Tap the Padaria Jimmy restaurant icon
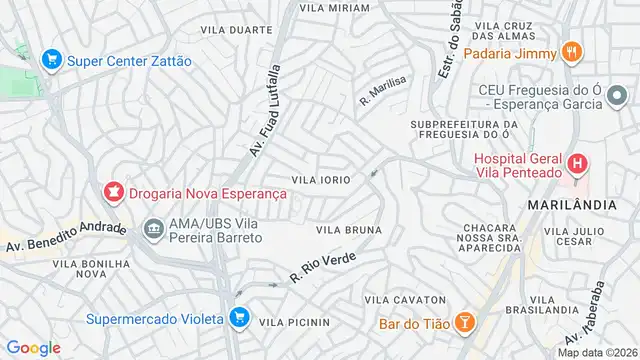[571, 51]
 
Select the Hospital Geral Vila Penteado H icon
[577, 163]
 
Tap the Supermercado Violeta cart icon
[238, 319]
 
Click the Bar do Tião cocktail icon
[465, 322]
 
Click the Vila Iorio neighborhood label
[320, 180]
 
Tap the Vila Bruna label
[349, 230]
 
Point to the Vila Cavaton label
[404, 300]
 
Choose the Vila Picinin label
[294, 323]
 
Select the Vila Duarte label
[236, 31]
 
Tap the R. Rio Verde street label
[322, 266]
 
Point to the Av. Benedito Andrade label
[66, 236]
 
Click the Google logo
[33, 347]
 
